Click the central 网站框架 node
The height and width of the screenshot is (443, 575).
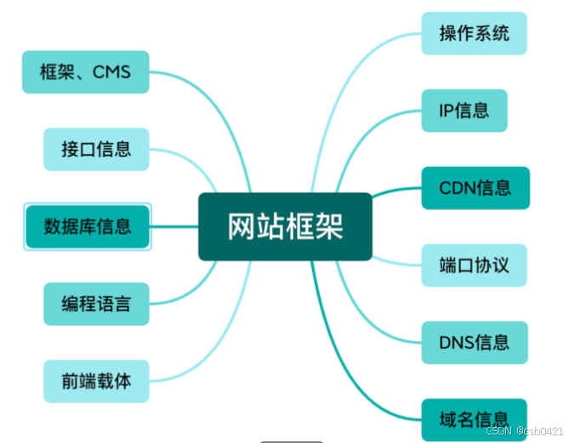pos(285,226)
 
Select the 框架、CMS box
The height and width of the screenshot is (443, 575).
pos(85,71)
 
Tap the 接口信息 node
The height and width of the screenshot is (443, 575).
pos(96,149)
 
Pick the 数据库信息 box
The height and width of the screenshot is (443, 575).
pos(88,226)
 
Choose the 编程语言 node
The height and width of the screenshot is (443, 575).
pos(96,304)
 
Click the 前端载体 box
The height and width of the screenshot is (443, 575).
pos(96,381)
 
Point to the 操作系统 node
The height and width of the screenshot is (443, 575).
pos(474,33)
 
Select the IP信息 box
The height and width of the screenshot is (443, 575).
pos(464,111)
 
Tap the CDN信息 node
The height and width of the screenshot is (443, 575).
pos(474,188)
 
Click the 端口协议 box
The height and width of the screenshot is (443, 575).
pos(474,264)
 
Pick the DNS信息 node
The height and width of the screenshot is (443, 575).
pos(474,343)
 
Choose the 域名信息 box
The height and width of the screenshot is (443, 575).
pos(474,418)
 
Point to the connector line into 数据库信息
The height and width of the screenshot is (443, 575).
pos(174,226)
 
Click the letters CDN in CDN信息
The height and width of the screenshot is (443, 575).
pos(457,188)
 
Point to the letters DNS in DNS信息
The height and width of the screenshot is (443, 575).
pos(457,343)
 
